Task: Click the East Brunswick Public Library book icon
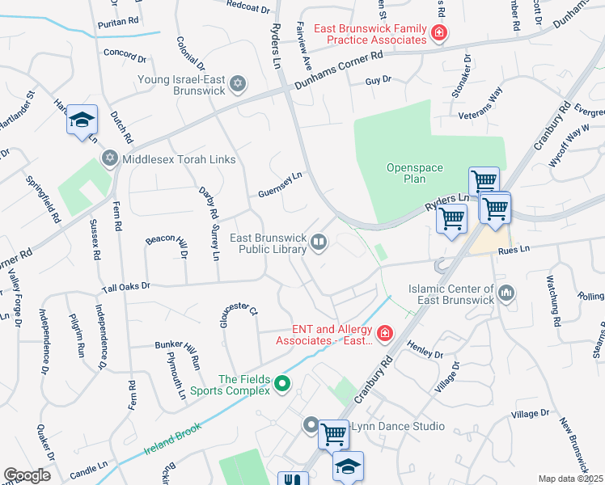point(319,242)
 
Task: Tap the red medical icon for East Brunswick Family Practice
point(438,33)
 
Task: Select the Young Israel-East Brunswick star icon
point(238,82)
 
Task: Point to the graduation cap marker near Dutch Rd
point(82,121)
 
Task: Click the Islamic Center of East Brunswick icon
point(507,293)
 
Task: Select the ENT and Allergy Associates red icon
point(385,332)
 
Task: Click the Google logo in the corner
point(27,475)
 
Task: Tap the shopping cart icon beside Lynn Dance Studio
point(333,434)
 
